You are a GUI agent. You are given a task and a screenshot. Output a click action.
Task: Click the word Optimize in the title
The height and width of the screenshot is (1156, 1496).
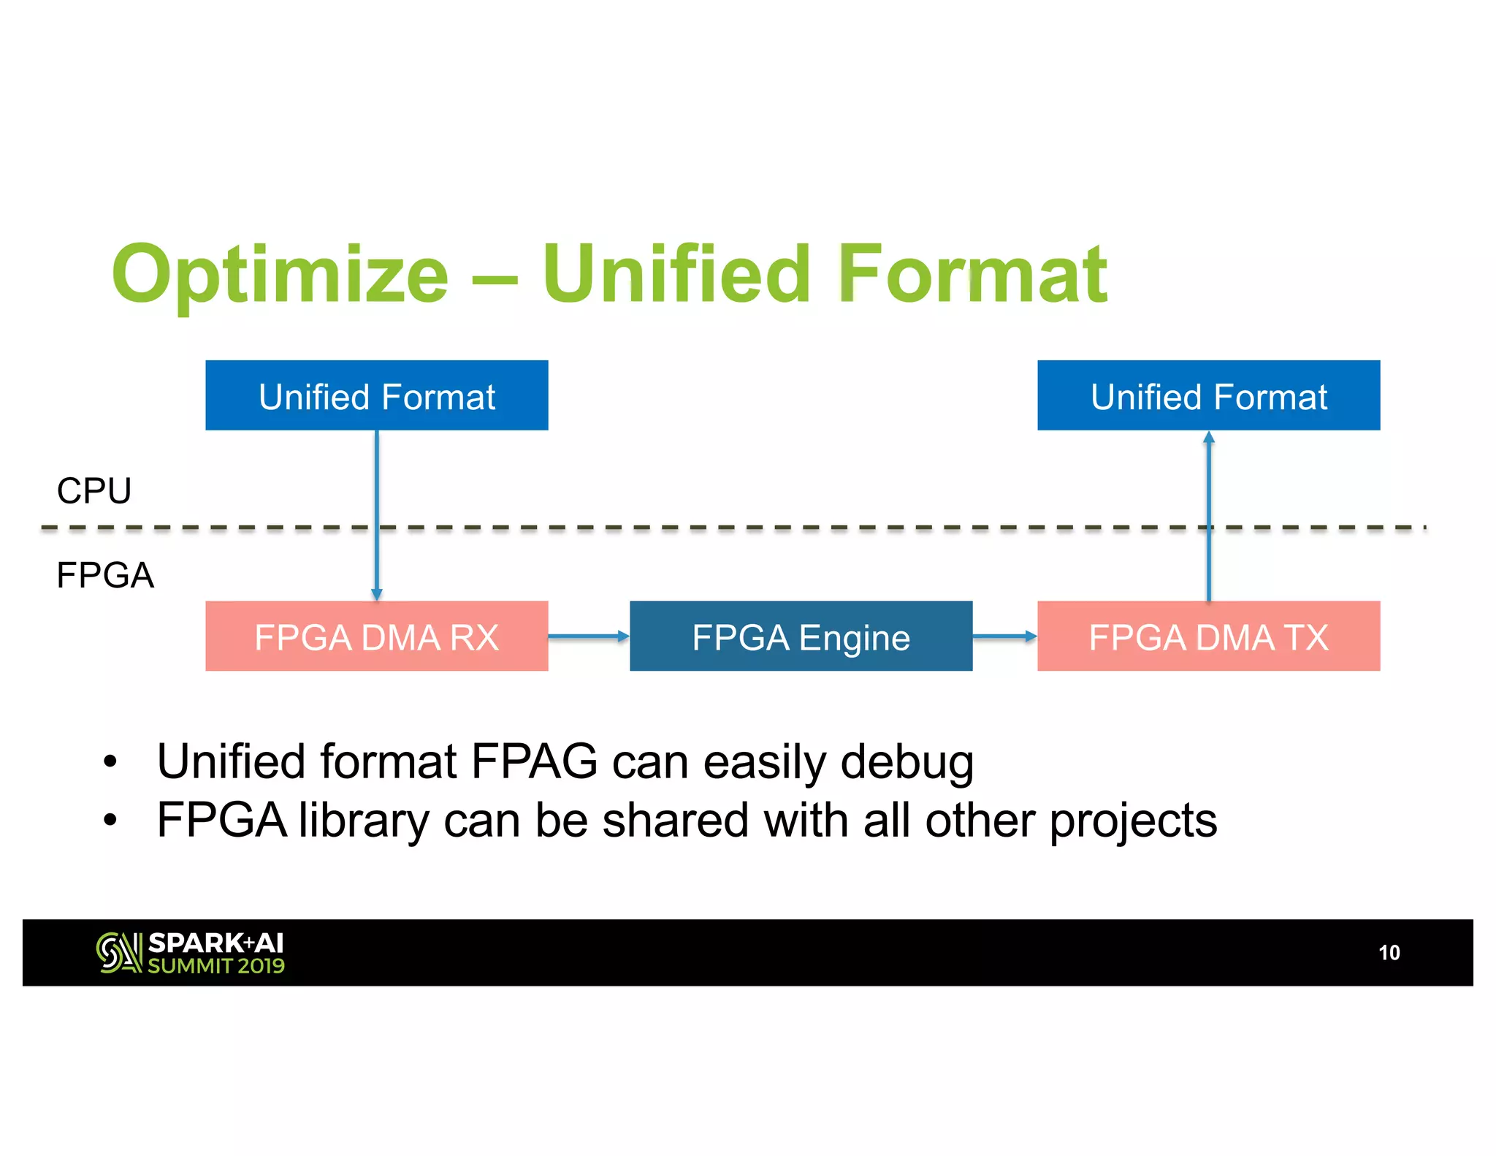280,275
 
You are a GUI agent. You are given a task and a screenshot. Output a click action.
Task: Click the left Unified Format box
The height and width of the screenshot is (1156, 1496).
376,395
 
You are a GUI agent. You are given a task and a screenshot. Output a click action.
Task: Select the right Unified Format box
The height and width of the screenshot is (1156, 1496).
1208,395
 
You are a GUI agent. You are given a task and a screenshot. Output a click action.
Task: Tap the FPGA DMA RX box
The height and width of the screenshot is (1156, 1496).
376,636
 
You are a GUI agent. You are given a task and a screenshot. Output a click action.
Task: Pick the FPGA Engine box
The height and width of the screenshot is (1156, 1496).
801,636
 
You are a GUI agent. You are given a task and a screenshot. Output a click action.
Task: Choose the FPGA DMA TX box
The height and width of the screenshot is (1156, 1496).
1208,636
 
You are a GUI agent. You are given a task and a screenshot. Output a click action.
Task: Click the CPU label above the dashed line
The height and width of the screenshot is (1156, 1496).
94,490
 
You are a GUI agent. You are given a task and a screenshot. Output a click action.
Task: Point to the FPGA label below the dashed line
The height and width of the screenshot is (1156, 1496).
105,575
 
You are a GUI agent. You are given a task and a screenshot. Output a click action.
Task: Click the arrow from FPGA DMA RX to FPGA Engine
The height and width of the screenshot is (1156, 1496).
588,636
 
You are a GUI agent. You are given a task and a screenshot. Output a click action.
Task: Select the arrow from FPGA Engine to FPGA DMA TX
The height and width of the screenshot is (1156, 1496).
1004,636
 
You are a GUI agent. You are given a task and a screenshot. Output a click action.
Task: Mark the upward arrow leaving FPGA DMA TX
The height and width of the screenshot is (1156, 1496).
1209,512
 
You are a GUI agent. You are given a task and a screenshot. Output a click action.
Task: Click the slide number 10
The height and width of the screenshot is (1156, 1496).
1389,952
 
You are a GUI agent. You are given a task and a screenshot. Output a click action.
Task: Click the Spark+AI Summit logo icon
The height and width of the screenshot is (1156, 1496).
118,953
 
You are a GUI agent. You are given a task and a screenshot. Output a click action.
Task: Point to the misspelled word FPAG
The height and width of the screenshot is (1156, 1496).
534,761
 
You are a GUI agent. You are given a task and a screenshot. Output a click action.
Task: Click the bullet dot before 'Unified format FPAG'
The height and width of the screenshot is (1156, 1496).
110,762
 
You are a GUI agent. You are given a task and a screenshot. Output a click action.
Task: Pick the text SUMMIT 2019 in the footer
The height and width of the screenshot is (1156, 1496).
216,966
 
